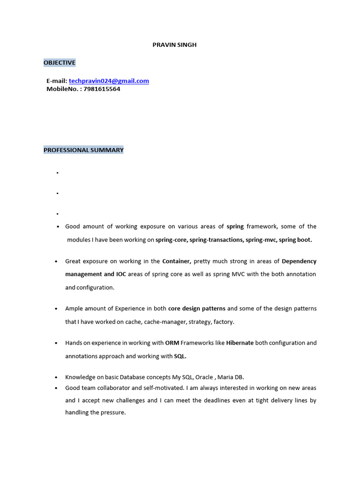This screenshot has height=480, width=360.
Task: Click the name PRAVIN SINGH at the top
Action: [174, 45]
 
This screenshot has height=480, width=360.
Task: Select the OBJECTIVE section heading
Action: [60, 63]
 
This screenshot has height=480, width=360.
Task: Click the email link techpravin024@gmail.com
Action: [109, 81]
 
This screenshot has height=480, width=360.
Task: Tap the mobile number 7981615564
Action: [102, 89]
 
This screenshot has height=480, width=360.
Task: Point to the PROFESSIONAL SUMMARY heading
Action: [83, 150]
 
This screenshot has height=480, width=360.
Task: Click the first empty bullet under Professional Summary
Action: [57, 173]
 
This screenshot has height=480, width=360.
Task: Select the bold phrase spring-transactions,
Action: [217, 240]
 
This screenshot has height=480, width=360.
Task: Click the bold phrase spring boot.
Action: [295, 240]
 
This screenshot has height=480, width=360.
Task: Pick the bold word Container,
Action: [177, 261]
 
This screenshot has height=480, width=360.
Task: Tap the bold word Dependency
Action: [299, 261]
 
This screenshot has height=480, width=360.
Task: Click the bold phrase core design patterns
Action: [197, 308]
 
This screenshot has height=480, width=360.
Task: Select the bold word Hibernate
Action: [240, 343]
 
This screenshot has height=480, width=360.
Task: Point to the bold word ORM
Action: [172, 343]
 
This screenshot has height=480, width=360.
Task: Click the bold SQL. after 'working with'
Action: [180, 356]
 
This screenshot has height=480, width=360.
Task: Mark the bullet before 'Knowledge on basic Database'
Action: [56, 378]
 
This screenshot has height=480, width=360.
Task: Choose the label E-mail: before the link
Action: [57, 81]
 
